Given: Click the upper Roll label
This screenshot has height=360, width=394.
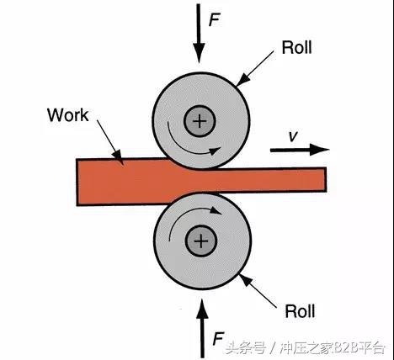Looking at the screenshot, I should pos(296,47).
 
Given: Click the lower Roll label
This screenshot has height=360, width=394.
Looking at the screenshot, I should pos(299,311).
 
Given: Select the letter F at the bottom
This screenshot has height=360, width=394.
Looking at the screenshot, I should pos(218,339).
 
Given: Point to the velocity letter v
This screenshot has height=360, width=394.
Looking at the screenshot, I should pos(292,135).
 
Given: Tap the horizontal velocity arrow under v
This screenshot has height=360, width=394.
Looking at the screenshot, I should pos(299,150).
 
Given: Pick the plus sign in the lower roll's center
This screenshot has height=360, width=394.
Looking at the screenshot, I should pos(200,242).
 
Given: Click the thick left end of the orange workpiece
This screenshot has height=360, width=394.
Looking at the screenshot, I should pos(93,181).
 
